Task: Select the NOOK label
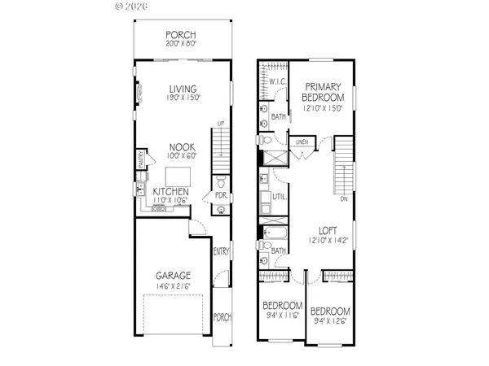pyautogui.click(x=180, y=147)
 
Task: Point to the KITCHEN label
pyautogui.click(x=171, y=191)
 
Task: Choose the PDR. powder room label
pyautogui.click(x=220, y=195)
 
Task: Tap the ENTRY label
pyautogui.click(x=220, y=252)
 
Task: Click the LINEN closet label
pyautogui.click(x=302, y=142)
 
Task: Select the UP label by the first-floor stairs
pyautogui.click(x=219, y=124)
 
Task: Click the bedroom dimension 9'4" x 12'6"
pyautogui.click(x=333, y=320)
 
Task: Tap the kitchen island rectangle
pyautogui.click(x=178, y=175)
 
